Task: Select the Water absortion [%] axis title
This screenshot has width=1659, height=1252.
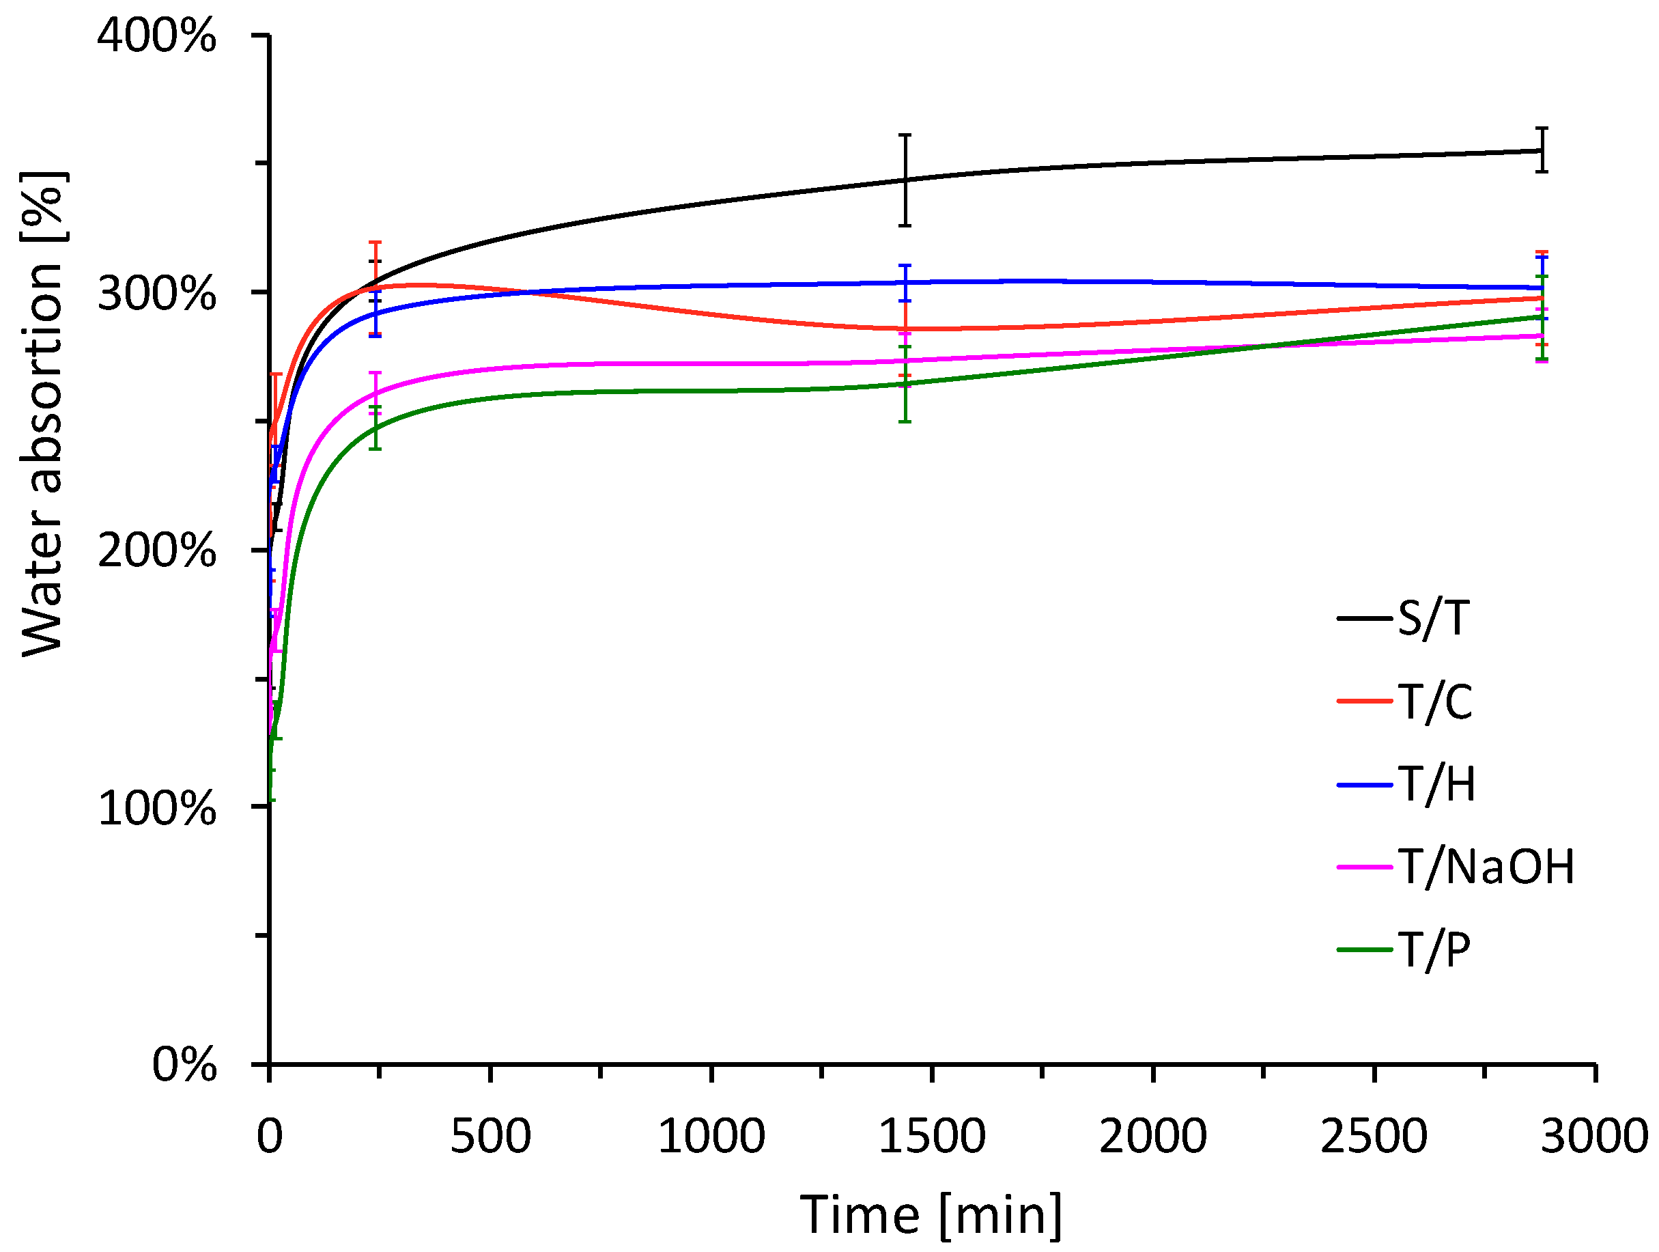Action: (x=43, y=414)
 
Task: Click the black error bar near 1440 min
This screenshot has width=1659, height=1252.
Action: (x=905, y=180)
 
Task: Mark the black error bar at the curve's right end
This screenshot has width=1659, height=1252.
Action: (x=1542, y=150)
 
